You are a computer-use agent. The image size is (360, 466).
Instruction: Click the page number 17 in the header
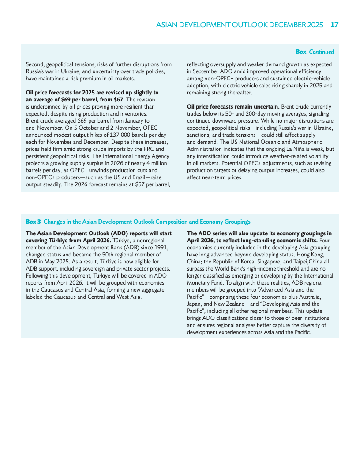tap(334, 25)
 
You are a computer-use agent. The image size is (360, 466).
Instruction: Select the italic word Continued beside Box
tap(321, 52)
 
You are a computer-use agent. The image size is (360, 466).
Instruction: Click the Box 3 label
tap(33, 222)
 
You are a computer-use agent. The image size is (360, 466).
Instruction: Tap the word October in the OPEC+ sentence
tap(87, 128)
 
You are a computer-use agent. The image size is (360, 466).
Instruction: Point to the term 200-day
tap(253, 114)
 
